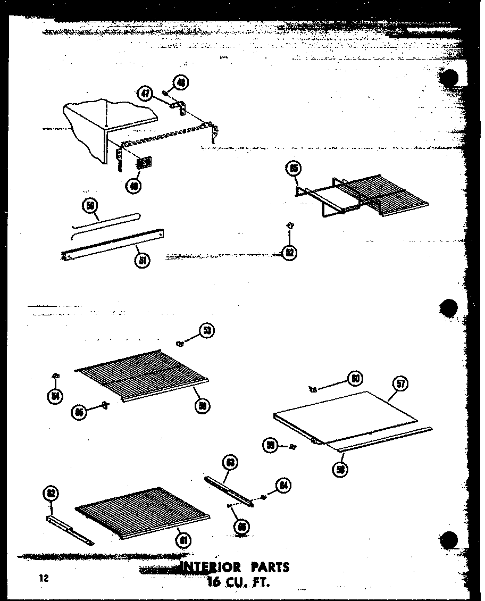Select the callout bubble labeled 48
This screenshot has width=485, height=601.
point(181,83)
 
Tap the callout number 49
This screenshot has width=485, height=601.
point(133,185)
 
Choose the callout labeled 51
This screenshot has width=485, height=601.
point(143,260)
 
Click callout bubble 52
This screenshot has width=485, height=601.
point(289,253)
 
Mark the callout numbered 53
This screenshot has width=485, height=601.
point(207,331)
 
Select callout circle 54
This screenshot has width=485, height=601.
point(54,396)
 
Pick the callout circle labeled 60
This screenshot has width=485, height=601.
point(355,378)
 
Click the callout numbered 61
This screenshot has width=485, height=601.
point(183,540)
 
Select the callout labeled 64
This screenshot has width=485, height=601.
point(283,486)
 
